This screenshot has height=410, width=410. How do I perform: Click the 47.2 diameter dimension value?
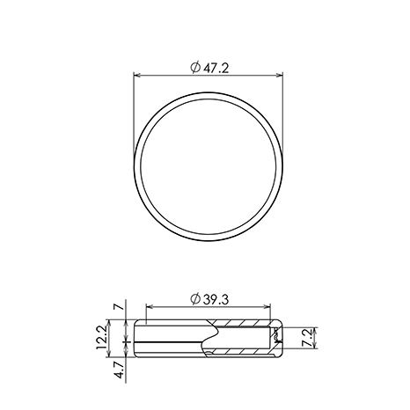pyautogui.click(x=216, y=69)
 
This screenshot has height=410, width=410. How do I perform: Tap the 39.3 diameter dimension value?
pyautogui.click(x=216, y=299)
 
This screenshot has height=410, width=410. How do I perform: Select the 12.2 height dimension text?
pyautogui.click(x=101, y=338)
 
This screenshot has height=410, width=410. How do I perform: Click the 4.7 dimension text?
pyautogui.click(x=120, y=370)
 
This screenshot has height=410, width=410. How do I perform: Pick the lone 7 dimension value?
pyautogui.click(x=119, y=307)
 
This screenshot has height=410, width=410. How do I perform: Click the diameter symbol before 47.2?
pyautogui.click(x=195, y=68)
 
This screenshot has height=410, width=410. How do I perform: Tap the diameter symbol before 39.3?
pyautogui.click(x=195, y=299)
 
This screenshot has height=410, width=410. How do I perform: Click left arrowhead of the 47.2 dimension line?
pyautogui.click(x=137, y=76)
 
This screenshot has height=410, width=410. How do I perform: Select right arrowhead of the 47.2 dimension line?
pyautogui.click(x=279, y=76)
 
